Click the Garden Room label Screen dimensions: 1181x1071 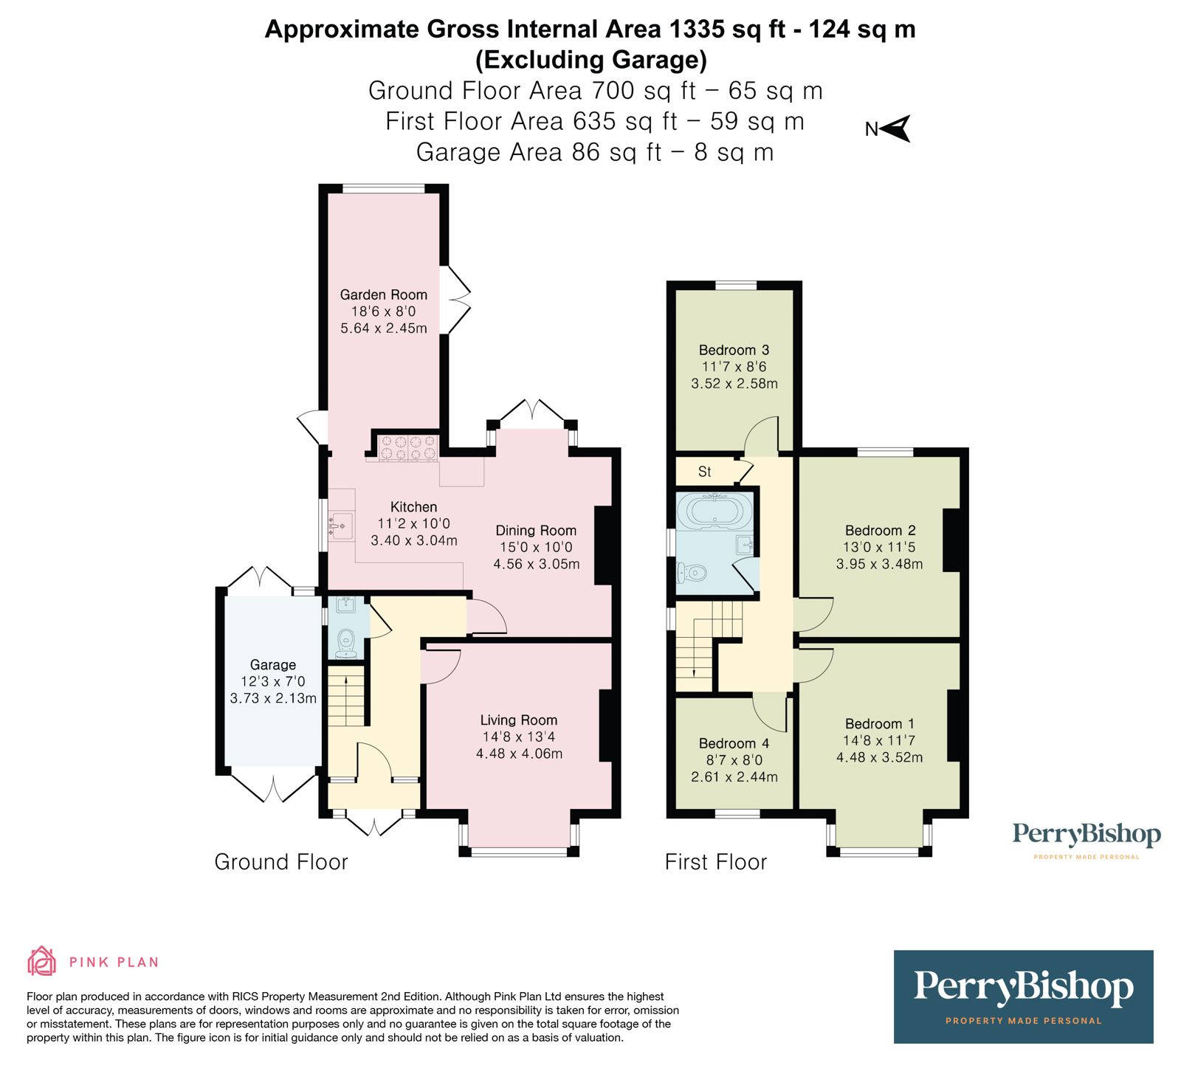(x=383, y=295)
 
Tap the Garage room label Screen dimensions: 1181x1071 (x=272, y=665)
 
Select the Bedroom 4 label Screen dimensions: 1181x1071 (x=734, y=743)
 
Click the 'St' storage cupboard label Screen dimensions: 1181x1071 (x=704, y=472)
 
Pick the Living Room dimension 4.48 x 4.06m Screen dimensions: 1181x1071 (x=519, y=754)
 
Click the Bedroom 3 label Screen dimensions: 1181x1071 (x=734, y=350)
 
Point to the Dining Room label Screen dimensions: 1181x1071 (x=536, y=530)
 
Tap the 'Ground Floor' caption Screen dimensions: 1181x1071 (x=280, y=861)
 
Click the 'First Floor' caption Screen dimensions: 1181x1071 (x=716, y=861)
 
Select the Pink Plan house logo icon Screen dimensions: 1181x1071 (x=42, y=961)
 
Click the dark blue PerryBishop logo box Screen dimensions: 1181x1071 (x=1023, y=996)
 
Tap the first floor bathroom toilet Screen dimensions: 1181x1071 (x=692, y=572)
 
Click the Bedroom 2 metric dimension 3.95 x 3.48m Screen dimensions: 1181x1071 (x=879, y=564)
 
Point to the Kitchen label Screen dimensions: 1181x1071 (x=413, y=507)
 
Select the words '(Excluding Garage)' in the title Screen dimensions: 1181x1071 (x=590, y=59)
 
